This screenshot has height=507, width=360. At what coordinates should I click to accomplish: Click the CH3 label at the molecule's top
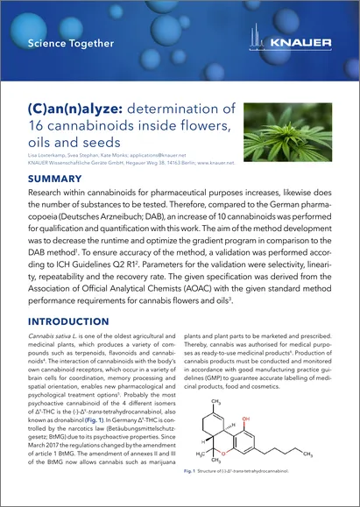(230, 402)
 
